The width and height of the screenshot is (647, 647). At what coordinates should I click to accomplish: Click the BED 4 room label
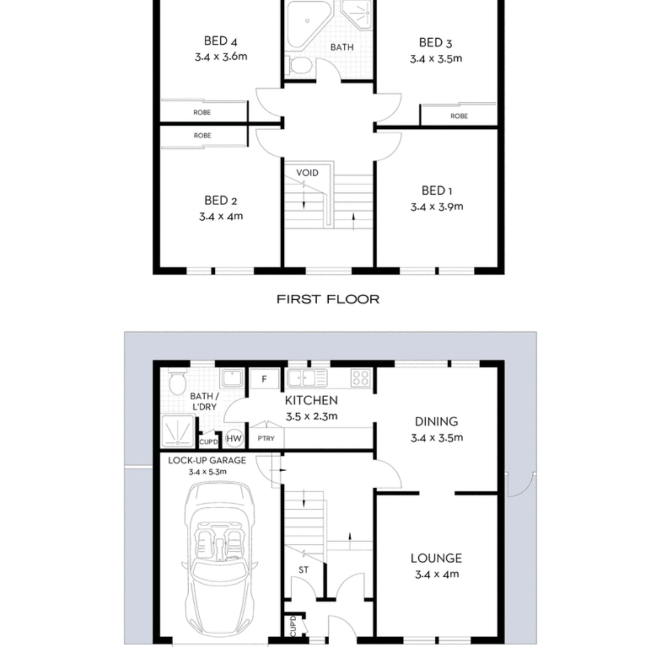coord(220,41)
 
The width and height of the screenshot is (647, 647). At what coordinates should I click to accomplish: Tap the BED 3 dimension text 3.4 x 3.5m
coord(436,59)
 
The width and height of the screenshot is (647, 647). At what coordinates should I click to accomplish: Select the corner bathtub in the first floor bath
coord(308,25)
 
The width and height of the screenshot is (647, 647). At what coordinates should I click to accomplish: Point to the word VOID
coord(307,173)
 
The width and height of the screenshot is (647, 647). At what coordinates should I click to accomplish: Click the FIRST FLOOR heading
coord(328,299)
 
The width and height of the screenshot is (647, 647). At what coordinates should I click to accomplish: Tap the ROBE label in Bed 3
coord(459,116)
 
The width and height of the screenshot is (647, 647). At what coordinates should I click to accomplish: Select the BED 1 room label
coord(437,191)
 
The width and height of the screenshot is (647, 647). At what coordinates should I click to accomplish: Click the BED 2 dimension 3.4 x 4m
coord(221,216)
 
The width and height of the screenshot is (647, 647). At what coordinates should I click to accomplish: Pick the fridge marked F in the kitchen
coord(264,379)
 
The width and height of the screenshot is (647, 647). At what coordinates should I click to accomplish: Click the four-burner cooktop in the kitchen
coord(361,378)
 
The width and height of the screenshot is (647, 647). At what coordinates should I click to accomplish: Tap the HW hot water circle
coord(234,439)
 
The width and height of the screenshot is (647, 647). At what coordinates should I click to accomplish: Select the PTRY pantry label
coord(266,439)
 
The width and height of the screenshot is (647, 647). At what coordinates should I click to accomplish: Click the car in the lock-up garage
coord(220,561)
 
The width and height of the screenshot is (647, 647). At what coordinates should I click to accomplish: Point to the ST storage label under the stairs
coord(303,570)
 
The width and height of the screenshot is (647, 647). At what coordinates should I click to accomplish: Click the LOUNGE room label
coord(437,559)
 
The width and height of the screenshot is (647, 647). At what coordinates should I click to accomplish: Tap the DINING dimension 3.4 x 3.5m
coord(437,438)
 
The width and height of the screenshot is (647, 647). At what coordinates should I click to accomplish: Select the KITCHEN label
coord(311,400)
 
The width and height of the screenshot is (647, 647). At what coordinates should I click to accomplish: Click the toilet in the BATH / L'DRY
coord(178,381)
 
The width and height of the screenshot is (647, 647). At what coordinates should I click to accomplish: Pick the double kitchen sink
coord(307,378)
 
